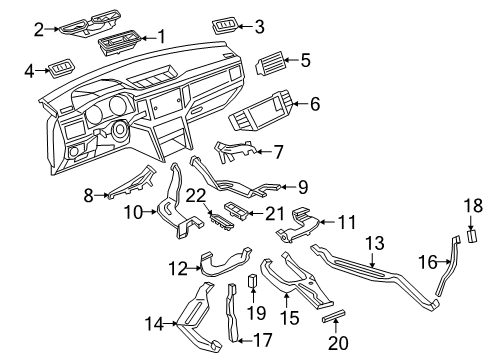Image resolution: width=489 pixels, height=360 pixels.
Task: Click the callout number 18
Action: pos(473,206)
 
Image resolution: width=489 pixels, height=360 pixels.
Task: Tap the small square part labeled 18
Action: pos(472,235)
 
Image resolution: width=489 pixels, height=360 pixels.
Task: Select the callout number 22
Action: pos(196,196)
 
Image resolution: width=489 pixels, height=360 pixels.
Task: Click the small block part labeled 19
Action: pos(252,280)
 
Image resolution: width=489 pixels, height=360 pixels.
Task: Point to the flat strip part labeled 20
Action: pos(333,315)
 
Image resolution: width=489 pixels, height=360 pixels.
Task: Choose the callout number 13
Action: pos(375,243)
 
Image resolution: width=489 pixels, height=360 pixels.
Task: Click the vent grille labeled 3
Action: pos(225,26)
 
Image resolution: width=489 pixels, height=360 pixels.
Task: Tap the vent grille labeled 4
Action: pos(62,70)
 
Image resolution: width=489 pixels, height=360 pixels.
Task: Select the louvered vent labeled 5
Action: pos(270,63)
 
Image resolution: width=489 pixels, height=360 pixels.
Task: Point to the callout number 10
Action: pos(133,212)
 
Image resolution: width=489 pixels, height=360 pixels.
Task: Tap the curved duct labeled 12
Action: pos(224,262)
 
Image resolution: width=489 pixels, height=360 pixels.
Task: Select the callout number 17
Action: pos(263,340)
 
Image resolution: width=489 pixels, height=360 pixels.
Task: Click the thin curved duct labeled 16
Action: pos(448,265)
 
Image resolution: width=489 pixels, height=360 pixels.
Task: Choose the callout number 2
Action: pos(39,30)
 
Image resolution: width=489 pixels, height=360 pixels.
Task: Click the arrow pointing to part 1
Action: pos(149,37)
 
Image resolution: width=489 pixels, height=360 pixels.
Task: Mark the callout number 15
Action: pos(290,318)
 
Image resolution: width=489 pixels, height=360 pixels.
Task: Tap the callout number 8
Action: pos(88,196)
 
